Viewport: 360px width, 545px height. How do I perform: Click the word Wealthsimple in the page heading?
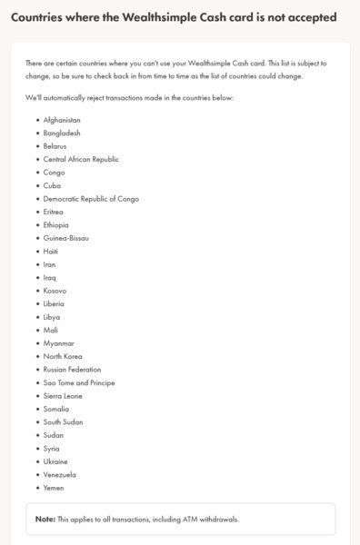pyautogui.click(x=162, y=17)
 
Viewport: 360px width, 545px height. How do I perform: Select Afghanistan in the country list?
pyautogui.click(x=62, y=120)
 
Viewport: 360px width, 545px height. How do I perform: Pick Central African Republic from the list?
pyautogui.click(x=81, y=159)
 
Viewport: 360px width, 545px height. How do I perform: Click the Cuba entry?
pyautogui.click(x=53, y=185)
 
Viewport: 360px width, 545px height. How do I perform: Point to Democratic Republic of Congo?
pyautogui.click(x=91, y=198)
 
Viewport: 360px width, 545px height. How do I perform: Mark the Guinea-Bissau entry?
pyautogui.click(x=66, y=238)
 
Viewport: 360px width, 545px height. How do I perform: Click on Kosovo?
pyautogui.click(x=55, y=291)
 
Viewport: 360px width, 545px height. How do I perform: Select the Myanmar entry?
pyautogui.click(x=59, y=343)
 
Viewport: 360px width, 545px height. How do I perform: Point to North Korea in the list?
pyautogui.click(x=64, y=356)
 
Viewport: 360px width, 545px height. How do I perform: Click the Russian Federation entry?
pyautogui.click(x=73, y=370)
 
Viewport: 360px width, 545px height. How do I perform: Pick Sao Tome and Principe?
pyautogui.click(x=79, y=382)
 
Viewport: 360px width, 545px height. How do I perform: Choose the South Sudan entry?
pyautogui.click(x=64, y=422)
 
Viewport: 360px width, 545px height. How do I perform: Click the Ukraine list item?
pyautogui.click(x=56, y=461)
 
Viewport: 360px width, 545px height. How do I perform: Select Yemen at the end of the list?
pyautogui.click(x=55, y=488)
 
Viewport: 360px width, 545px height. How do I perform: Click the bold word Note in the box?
pyautogui.click(x=45, y=519)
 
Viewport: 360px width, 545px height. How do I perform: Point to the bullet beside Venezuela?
pyautogui.click(x=37, y=475)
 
